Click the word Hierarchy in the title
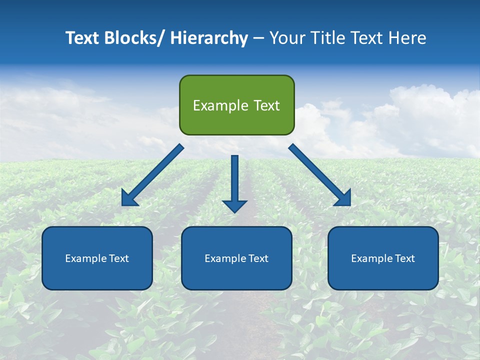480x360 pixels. [208, 38]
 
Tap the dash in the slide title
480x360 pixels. [258, 38]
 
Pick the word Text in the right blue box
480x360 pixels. [404, 258]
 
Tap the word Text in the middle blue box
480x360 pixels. [257, 258]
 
